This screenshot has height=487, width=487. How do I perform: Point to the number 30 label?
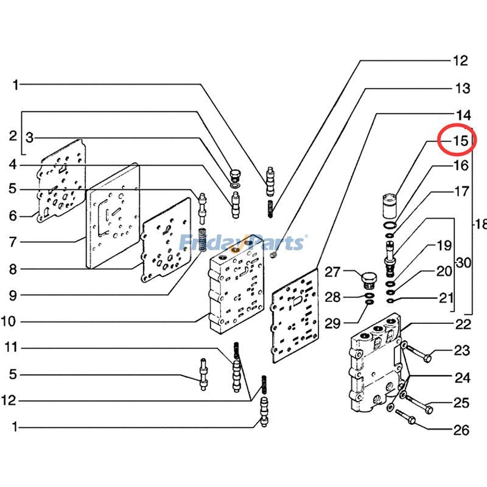(x=463, y=263)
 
